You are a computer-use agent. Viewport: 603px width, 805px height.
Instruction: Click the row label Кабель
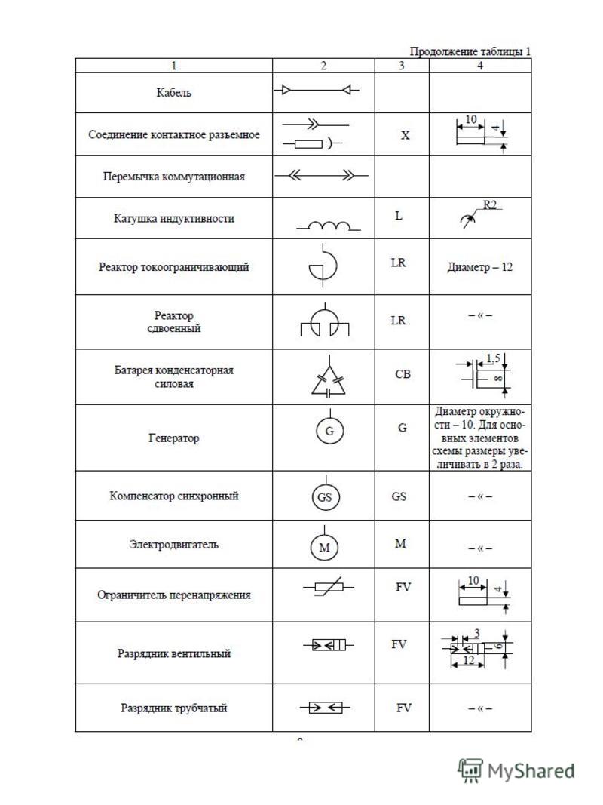(173, 93)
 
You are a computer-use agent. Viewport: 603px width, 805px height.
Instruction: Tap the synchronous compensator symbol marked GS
(325, 497)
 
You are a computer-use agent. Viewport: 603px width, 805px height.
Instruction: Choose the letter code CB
(403, 374)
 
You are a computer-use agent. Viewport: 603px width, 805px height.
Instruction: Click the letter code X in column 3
(405, 136)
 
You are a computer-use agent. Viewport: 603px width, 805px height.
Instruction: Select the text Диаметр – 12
(479, 267)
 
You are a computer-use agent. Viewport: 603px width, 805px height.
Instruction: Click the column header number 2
(323, 66)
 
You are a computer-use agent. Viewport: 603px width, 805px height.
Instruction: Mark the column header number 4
(480, 66)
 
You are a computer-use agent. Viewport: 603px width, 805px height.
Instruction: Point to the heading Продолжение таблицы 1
(470, 51)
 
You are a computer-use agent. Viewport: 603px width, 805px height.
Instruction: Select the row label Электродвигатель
(173, 545)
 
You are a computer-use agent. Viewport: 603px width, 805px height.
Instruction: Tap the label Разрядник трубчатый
(173, 708)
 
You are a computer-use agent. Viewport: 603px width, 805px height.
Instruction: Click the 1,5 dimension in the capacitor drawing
(493, 358)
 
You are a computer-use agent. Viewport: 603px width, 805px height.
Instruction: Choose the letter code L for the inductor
(399, 216)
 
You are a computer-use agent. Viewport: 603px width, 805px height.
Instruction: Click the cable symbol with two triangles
(316, 91)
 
